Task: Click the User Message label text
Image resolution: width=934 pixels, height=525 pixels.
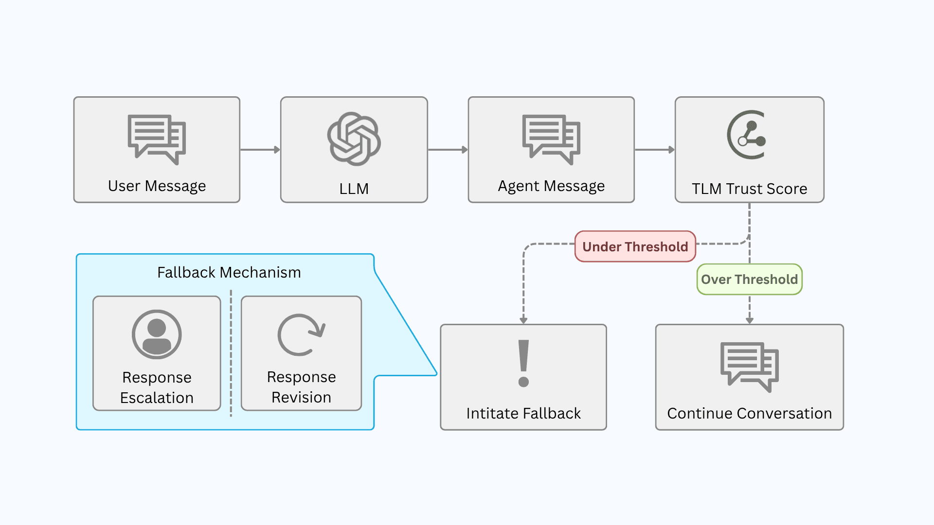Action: [157, 186]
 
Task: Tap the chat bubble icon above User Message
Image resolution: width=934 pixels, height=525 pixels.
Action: [157, 139]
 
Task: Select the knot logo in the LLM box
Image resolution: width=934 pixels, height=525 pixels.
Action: [354, 139]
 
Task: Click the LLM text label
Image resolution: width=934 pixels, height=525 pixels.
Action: [354, 189]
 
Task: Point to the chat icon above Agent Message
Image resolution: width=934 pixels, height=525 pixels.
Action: [551, 139]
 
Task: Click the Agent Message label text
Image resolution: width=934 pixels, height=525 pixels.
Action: [551, 186]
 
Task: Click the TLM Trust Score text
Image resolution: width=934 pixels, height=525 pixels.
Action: [749, 189]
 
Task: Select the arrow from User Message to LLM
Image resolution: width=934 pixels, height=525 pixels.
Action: [260, 150]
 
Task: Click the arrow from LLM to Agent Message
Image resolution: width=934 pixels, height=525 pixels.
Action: [448, 150]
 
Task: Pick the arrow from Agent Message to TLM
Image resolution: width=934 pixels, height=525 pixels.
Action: [655, 150]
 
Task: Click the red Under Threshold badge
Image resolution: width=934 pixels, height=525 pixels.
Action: [635, 247]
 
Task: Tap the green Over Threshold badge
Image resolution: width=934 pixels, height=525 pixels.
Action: [749, 280]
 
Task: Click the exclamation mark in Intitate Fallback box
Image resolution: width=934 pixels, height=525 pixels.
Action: [523, 363]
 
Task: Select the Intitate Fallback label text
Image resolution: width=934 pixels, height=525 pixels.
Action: [523, 413]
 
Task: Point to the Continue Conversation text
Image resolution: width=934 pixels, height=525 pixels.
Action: [749, 413]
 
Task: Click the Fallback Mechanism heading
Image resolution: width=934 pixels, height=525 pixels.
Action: [229, 272]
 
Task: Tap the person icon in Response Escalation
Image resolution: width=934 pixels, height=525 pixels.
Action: [157, 334]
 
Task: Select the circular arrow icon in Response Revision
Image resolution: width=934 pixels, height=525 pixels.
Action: [301, 335]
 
